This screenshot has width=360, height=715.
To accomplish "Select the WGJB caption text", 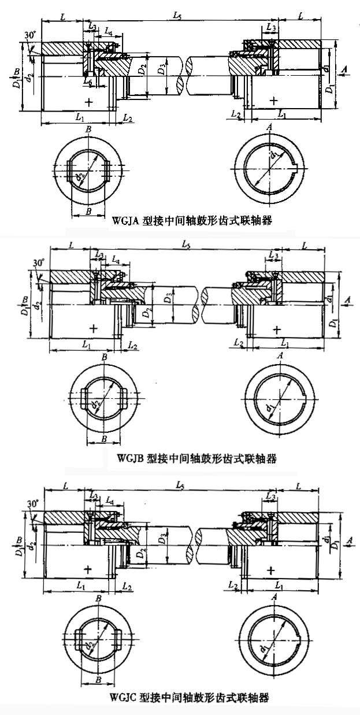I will pos(196,458).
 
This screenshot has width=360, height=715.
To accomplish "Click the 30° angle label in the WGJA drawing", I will pos(31,35).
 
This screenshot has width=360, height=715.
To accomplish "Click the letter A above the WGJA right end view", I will pos(269,128).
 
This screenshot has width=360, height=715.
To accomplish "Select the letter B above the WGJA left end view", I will pos(88,129).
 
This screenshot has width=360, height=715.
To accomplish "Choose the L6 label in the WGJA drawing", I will pos(87,83).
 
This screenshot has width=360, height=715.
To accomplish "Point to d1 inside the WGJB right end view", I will pos(272,409).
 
